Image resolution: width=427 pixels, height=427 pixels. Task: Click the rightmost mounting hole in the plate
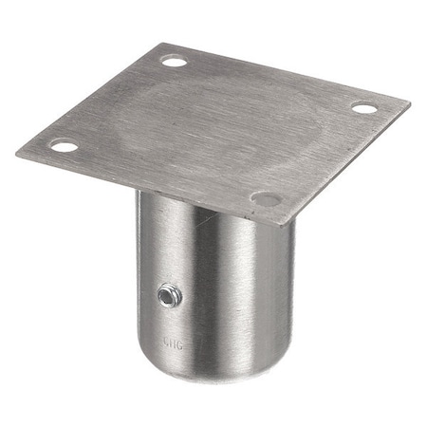(x=364, y=108)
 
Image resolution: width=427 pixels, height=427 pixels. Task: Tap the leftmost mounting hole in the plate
(x=63, y=146)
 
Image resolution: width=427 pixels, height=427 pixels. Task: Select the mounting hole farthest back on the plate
(x=174, y=62)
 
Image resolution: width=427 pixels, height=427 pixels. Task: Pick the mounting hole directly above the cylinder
(x=268, y=199)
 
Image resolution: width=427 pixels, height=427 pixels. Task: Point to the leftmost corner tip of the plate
(x=16, y=153)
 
